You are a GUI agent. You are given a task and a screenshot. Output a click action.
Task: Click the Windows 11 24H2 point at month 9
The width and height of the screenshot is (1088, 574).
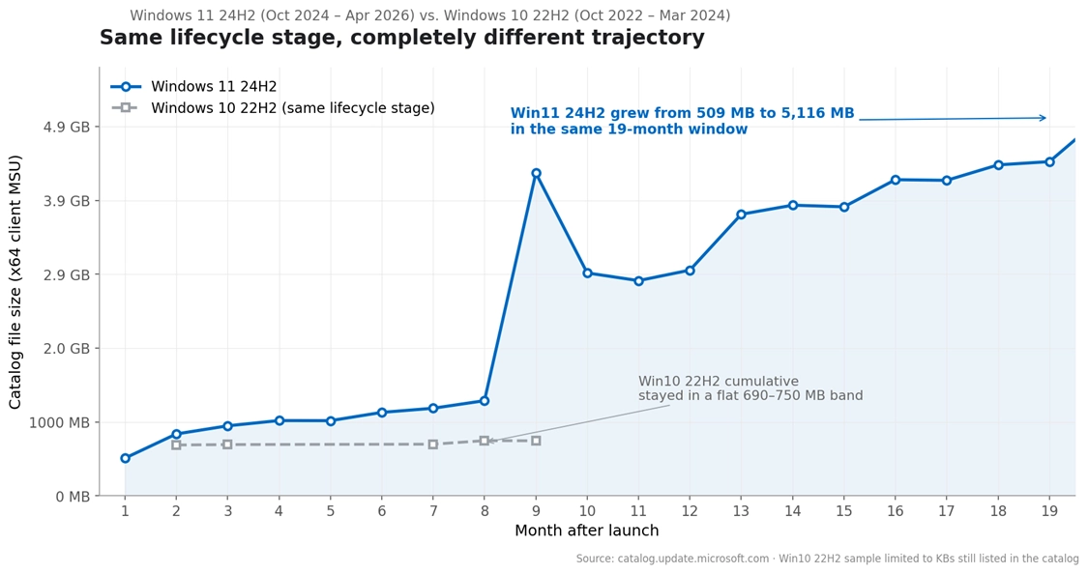(x=536, y=173)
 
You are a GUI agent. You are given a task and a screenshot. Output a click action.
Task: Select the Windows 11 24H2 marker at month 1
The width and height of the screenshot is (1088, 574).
(x=125, y=458)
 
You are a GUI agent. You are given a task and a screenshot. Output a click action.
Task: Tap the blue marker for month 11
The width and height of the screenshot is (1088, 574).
(x=638, y=281)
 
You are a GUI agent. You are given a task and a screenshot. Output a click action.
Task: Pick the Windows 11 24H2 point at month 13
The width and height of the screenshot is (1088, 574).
(x=741, y=215)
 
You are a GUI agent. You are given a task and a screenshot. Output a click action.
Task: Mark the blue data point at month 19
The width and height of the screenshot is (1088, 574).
(x=1049, y=161)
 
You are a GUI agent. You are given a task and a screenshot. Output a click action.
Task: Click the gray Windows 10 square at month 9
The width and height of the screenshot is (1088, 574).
(x=536, y=441)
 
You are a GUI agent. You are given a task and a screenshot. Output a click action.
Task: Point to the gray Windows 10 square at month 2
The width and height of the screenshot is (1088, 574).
(x=176, y=445)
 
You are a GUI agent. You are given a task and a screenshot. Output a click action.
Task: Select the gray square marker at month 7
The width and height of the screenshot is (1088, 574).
(x=433, y=445)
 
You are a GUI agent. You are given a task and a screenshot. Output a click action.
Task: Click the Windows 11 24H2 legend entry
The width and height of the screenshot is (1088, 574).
(x=194, y=87)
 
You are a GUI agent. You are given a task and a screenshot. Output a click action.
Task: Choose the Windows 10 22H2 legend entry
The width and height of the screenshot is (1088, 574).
(x=274, y=108)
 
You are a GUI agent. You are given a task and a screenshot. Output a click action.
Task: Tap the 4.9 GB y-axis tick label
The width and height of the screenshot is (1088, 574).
(x=68, y=127)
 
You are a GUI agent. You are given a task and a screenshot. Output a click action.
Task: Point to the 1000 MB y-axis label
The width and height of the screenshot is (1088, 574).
(x=60, y=422)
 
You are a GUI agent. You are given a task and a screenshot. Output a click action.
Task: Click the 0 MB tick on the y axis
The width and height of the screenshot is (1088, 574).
(x=74, y=497)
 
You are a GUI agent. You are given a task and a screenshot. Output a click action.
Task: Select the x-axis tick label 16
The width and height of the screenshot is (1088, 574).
(x=896, y=511)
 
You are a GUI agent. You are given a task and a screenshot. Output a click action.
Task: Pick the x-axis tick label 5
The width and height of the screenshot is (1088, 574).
(x=331, y=511)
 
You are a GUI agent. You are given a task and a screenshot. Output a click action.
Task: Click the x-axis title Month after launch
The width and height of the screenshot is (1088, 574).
(x=587, y=531)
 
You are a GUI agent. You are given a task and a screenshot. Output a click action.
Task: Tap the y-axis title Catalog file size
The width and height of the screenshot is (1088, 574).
(x=15, y=282)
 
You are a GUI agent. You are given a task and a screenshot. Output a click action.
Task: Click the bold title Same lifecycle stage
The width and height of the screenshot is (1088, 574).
(x=401, y=38)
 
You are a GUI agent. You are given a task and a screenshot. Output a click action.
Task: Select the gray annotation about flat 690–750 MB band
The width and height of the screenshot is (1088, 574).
(x=750, y=388)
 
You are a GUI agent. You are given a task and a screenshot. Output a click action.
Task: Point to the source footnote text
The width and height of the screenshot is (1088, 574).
(x=828, y=559)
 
